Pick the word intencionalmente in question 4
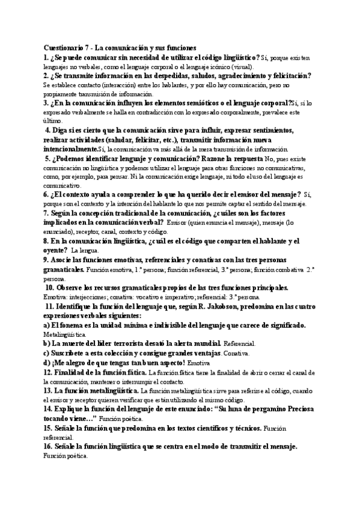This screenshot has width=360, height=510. pos(70,149)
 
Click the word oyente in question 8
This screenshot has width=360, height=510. pos(56,250)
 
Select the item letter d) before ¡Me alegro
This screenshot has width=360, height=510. pos(47,363)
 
